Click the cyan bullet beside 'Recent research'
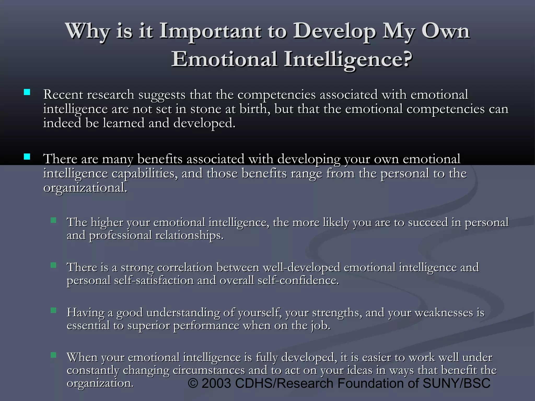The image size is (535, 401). coord(27,92)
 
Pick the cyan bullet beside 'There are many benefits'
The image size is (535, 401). coord(27,157)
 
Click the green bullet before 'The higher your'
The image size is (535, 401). coord(54,220)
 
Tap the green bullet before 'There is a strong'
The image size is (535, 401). coord(54,266)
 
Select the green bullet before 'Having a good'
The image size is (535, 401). coord(54,310)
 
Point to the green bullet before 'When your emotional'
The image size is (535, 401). coord(54,355)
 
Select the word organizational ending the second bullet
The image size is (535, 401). coord(85,188)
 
